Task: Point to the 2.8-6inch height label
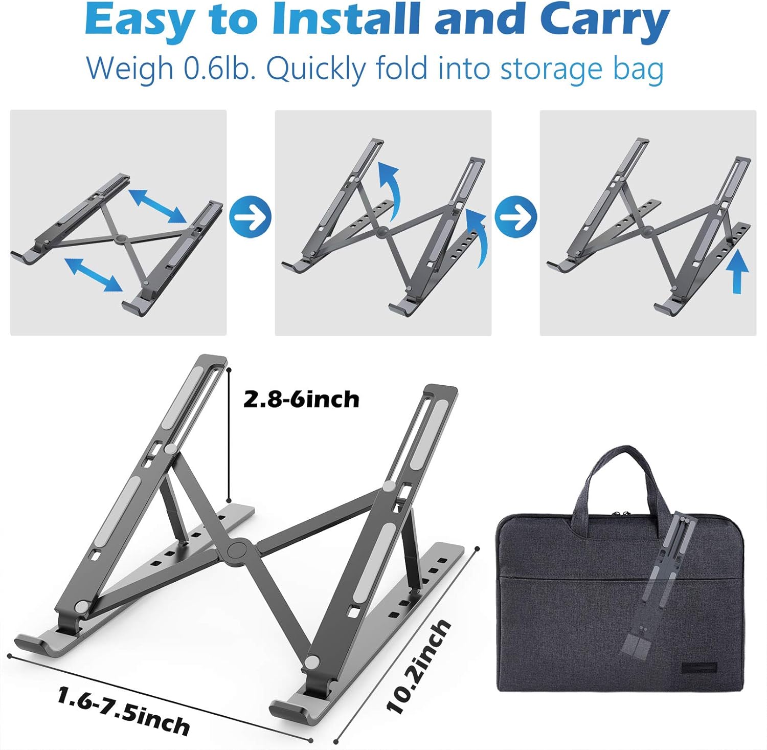tap(301, 399)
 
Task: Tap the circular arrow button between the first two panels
tap(250, 217)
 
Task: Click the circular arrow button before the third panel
tap(516, 217)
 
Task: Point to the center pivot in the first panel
tap(121, 239)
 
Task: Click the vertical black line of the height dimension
tap(229, 434)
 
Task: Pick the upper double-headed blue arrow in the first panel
tap(157, 206)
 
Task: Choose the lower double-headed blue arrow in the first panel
tap(94, 274)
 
